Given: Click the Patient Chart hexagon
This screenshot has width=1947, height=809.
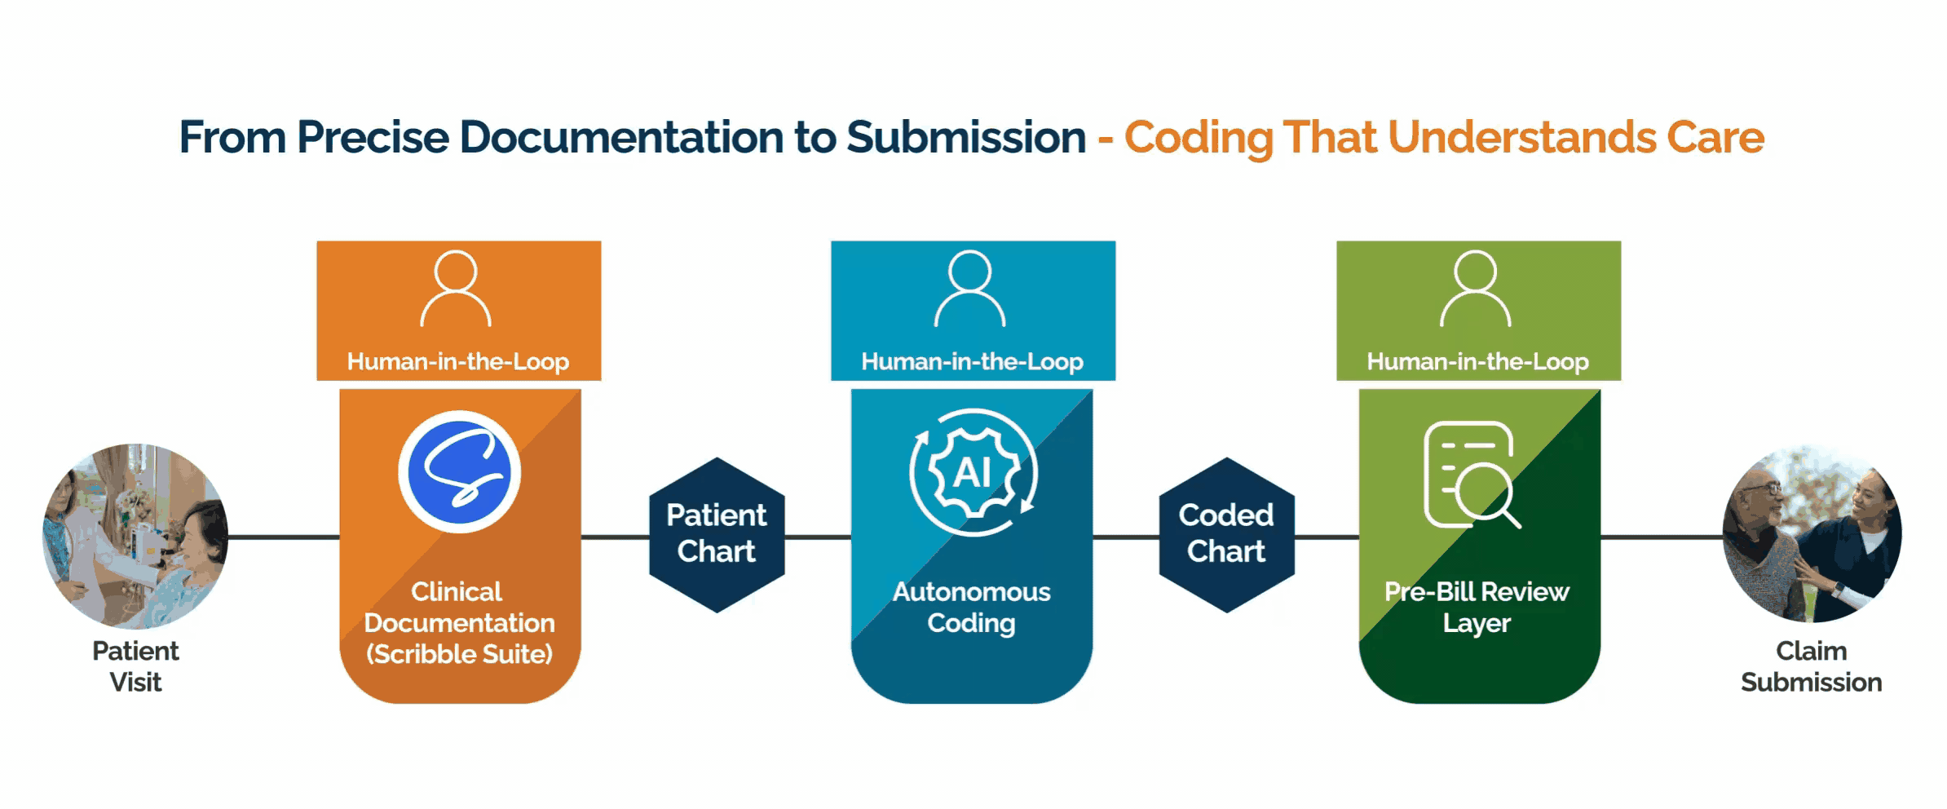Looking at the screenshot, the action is [x=717, y=535].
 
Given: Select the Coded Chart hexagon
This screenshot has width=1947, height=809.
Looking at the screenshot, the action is [x=1226, y=535].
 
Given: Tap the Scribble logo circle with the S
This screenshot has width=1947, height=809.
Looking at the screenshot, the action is [x=460, y=471].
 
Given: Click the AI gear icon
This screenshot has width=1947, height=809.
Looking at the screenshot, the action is [x=973, y=472].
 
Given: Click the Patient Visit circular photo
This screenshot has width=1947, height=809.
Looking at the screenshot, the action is [x=135, y=536].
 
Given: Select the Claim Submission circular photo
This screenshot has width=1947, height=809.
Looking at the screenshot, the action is [x=1812, y=534].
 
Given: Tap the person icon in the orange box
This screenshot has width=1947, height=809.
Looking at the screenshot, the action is [x=456, y=289].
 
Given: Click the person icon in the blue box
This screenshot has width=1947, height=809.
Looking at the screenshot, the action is [x=970, y=289].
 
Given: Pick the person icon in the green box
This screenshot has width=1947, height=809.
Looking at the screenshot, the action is [x=1476, y=289].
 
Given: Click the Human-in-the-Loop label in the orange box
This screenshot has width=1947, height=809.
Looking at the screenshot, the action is [x=458, y=361].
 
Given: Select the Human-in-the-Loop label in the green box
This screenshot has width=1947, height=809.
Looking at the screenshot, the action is [x=1477, y=361].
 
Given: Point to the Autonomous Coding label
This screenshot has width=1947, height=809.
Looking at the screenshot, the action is [x=972, y=608].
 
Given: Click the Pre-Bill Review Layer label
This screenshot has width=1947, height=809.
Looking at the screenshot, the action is [x=1477, y=608].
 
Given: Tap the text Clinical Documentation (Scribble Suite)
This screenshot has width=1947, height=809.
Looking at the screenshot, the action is [x=459, y=622].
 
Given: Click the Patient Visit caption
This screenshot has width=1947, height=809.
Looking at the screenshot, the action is [x=135, y=666].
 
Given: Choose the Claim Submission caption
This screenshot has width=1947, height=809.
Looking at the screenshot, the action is [x=1812, y=666].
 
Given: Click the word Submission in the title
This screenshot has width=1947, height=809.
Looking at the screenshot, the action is [x=966, y=137].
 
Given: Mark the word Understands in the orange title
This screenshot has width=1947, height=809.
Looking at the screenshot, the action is [x=1522, y=137].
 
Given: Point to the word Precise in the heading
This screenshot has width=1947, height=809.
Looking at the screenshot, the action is [x=373, y=137].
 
